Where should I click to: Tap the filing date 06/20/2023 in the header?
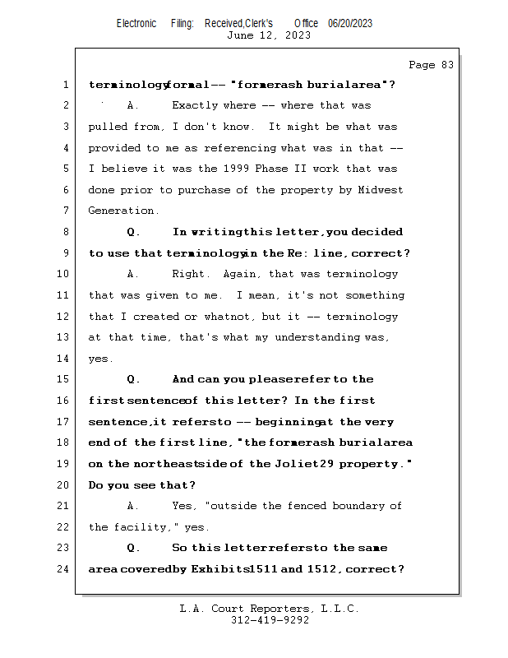point(349,24)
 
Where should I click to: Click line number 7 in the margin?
point(66,211)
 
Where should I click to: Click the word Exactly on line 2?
point(195,105)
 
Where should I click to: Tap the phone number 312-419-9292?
point(270,621)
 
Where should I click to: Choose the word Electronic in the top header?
point(136,24)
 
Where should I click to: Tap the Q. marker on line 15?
point(134,379)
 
